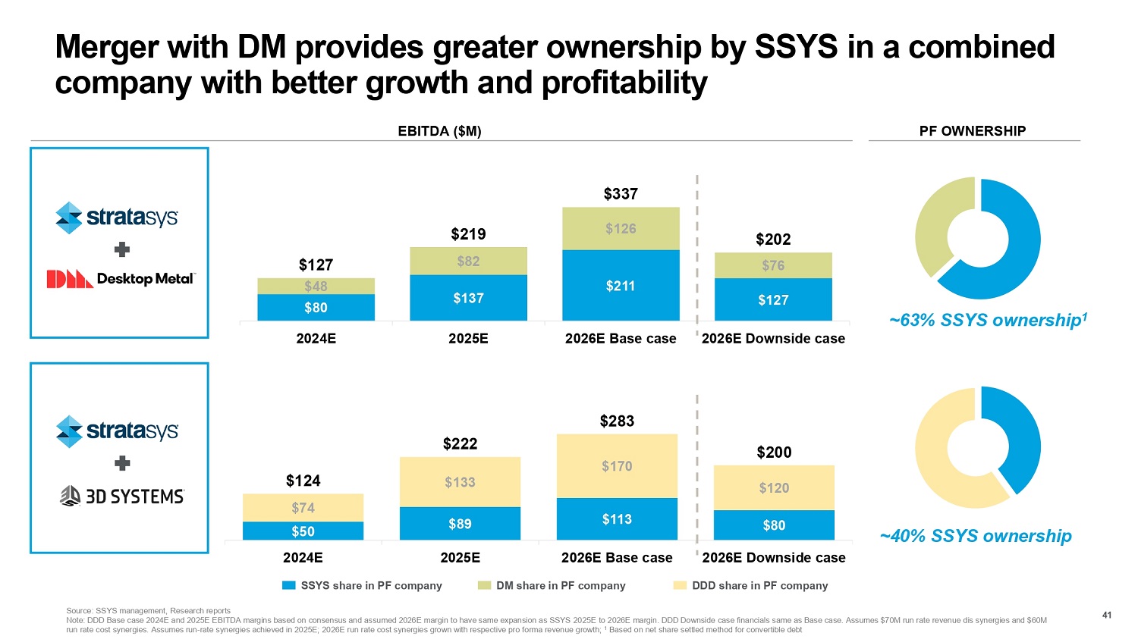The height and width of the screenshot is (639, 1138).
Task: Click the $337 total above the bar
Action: coord(621,194)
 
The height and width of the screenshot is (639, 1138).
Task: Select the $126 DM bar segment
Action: coord(621,228)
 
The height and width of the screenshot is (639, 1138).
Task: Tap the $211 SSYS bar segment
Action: coord(621,286)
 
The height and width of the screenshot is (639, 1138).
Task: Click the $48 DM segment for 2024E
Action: coord(316,286)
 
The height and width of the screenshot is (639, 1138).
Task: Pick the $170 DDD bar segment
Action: coord(617,466)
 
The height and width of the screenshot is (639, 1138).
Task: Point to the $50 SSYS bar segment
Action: coord(303,531)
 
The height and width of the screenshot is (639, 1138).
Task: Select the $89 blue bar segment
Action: coord(460,524)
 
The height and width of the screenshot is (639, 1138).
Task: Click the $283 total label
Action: coord(617,421)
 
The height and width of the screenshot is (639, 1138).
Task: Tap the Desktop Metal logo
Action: coord(121,279)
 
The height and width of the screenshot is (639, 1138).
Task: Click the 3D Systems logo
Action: coord(122,496)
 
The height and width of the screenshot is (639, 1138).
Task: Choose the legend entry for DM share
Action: coord(552,585)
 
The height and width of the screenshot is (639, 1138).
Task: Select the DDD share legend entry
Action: coord(750,585)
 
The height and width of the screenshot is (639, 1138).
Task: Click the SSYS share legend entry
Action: coord(362,585)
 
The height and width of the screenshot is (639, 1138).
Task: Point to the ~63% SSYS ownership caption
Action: coord(988,320)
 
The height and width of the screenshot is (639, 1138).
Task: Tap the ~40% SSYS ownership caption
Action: coord(976,536)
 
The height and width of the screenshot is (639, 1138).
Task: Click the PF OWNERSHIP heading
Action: coord(973,131)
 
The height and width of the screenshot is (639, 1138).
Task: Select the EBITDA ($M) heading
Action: coord(440,131)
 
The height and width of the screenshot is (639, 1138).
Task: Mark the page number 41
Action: coord(1106,615)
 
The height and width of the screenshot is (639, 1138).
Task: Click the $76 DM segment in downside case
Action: coord(773,265)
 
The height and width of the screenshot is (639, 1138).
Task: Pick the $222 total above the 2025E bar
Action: coord(460,444)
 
